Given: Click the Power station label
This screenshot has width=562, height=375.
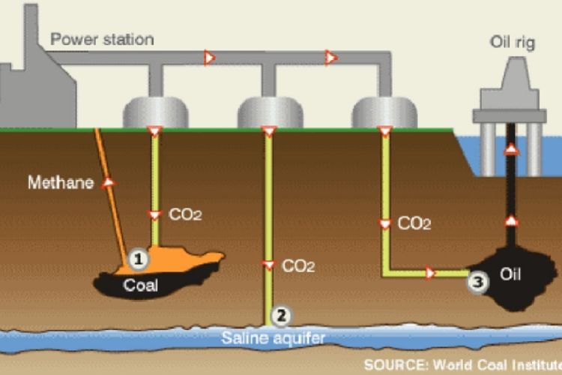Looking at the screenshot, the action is pyautogui.click(x=102, y=39).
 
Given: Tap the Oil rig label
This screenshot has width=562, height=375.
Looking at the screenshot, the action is pyautogui.click(x=513, y=42).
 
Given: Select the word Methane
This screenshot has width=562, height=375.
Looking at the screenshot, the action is pyautogui.click(x=61, y=182).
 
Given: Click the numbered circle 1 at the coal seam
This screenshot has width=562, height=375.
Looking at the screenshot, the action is pyautogui.click(x=139, y=259).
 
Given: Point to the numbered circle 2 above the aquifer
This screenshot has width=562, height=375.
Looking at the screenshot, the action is pyautogui.click(x=281, y=316).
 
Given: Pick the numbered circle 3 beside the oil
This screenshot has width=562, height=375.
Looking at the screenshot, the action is pyautogui.click(x=478, y=282).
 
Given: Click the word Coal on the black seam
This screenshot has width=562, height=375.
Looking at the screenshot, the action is pyautogui.click(x=141, y=285).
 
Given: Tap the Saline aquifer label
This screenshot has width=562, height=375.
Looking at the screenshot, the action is pyautogui.click(x=273, y=338).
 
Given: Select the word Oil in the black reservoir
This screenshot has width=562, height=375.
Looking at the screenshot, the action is pyautogui.click(x=510, y=274).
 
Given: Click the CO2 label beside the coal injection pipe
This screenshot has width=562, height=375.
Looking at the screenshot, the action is pyautogui.click(x=185, y=214).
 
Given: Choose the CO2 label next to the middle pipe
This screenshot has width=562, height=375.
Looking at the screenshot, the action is pyautogui.click(x=298, y=266).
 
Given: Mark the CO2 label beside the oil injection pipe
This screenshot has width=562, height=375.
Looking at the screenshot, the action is pyautogui.click(x=414, y=223).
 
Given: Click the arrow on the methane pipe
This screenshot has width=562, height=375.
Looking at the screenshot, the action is pyautogui.click(x=108, y=183).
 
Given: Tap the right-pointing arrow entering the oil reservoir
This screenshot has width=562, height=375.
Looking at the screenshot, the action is pyautogui.click(x=430, y=273).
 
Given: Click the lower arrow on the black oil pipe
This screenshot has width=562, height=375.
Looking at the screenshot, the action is pyautogui.click(x=512, y=220).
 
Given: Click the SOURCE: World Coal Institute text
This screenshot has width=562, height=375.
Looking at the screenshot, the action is pyautogui.click(x=463, y=365).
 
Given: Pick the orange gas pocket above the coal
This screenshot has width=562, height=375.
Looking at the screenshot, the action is pyautogui.click(x=172, y=259).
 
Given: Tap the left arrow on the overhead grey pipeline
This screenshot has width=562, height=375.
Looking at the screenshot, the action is pyautogui.click(x=209, y=58).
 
